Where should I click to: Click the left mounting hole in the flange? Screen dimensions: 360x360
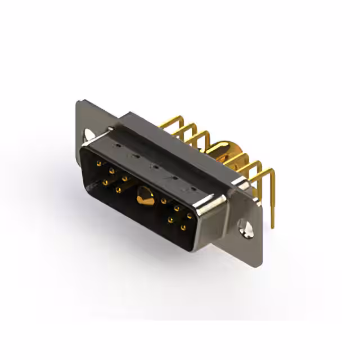[89, 135]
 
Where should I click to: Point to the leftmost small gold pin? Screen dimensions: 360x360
[99, 164]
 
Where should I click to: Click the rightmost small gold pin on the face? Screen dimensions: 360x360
[190, 215]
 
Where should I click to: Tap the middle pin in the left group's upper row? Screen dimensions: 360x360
[111, 170]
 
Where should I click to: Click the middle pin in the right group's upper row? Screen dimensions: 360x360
[177, 208]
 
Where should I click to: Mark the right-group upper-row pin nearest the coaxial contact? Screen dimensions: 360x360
[164, 201]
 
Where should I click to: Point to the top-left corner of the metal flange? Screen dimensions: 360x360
[78, 102]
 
